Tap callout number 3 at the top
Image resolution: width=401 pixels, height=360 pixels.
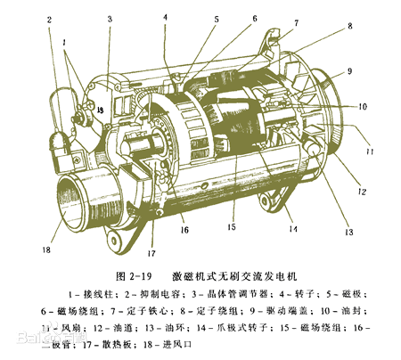tap(110, 19)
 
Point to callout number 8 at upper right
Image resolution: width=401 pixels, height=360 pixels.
tap(349, 27)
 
